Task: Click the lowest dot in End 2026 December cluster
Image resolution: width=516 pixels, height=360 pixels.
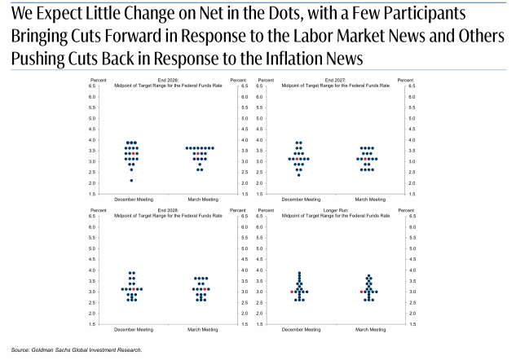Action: pos(131,181)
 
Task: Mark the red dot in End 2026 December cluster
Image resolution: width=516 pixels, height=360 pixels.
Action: pos(133,154)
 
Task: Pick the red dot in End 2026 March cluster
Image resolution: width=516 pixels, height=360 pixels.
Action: pos(198,154)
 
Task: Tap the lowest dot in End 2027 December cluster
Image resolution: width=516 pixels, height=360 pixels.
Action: pos(299,175)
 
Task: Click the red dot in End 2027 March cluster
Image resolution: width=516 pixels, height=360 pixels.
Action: pos(365,159)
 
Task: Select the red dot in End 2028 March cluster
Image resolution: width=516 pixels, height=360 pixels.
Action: pos(205,289)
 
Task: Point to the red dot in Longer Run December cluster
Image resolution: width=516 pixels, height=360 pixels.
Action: pos(292,292)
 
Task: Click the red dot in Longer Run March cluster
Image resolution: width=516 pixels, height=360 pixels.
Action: pos(361,292)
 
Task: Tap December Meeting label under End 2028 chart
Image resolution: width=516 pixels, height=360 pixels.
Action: pos(134,329)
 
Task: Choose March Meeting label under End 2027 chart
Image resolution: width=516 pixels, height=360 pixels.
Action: pos(370,200)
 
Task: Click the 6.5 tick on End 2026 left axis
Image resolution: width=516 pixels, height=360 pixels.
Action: pos(92,86)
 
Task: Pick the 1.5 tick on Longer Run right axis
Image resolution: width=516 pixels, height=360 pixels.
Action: pos(412,324)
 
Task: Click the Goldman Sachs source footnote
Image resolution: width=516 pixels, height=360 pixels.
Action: pos(77,349)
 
